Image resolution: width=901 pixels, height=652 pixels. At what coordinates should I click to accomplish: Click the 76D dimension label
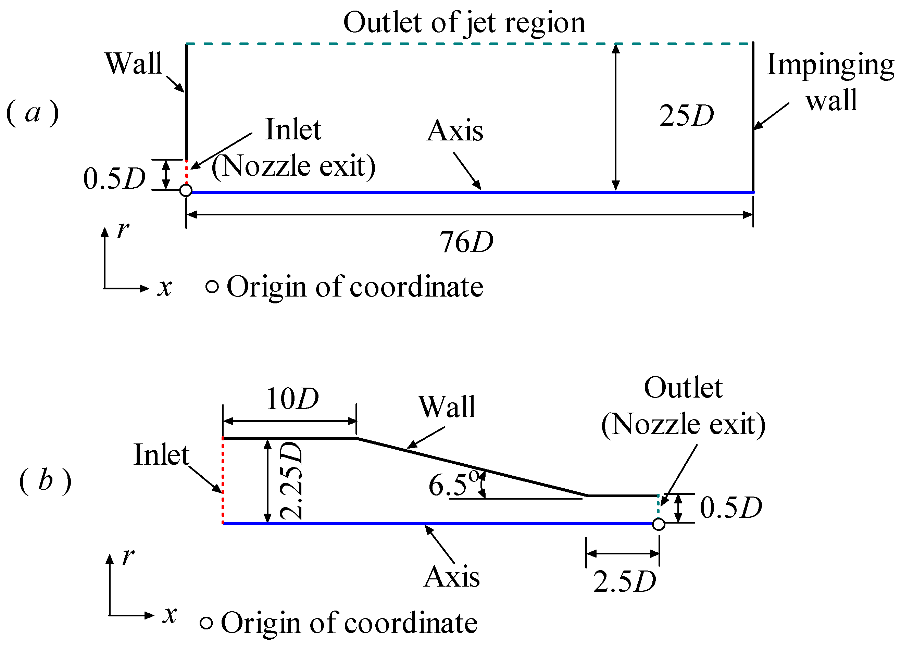click(x=466, y=242)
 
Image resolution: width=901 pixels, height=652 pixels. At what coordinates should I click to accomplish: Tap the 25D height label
click(x=686, y=116)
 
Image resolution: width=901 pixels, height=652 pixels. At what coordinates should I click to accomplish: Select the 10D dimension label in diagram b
click(x=292, y=399)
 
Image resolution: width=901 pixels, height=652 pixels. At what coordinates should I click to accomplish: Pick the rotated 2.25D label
click(x=291, y=481)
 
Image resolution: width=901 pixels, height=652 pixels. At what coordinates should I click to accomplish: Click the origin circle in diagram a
click(x=186, y=190)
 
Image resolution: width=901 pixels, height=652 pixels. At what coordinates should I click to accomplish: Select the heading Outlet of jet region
click(x=464, y=23)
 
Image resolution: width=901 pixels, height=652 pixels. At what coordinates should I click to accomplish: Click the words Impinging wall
click(x=830, y=81)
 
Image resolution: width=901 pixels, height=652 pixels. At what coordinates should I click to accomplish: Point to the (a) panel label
click(x=33, y=113)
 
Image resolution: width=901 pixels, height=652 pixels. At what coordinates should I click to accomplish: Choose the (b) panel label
click(x=45, y=481)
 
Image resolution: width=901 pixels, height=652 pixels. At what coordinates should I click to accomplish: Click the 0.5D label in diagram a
click(x=114, y=178)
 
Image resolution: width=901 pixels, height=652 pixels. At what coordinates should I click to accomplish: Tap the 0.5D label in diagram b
click(x=730, y=508)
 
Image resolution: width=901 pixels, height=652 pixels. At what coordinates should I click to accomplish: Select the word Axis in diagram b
click(x=452, y=577)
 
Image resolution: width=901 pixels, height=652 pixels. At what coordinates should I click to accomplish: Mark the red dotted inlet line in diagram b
click(x=223, y=481)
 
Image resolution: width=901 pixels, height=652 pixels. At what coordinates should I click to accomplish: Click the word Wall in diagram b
click(x=447, y=407)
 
